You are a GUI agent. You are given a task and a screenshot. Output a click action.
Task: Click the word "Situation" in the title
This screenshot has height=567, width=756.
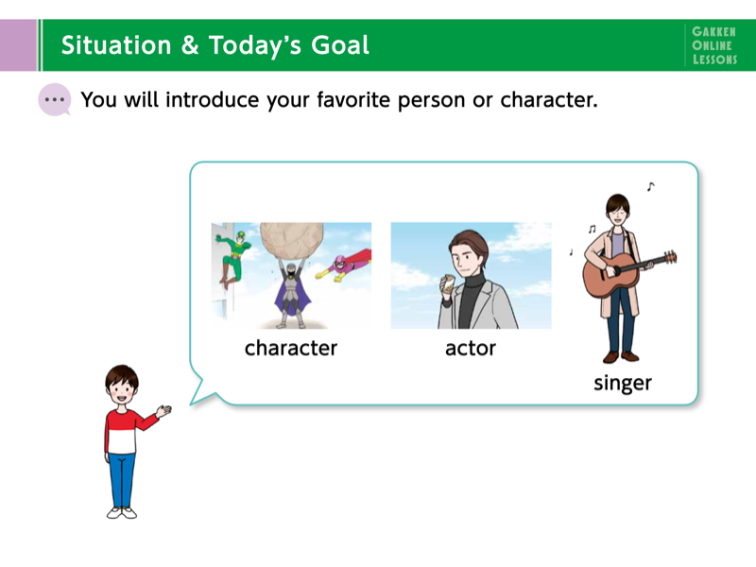click(x=116, y=45)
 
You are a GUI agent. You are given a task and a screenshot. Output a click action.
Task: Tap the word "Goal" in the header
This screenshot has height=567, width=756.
click(x=340, y=45)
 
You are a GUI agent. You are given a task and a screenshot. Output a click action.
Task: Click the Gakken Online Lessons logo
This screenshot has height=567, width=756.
click(x=714, y=45)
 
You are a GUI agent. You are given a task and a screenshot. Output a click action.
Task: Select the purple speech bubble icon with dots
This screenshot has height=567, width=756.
click(x=55, y=100)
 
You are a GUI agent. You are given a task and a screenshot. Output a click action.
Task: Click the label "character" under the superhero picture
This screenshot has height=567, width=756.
click(x=291, y=348)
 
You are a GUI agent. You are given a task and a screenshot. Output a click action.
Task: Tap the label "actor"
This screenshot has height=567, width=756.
click(x=471, y=348)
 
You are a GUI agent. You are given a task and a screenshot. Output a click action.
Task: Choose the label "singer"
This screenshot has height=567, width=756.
click(x=623, y=384)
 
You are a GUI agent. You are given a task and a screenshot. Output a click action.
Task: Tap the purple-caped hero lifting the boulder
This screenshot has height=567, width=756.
click(x=292, y=294)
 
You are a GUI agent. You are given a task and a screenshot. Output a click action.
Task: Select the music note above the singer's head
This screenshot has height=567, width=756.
click(x=651, y=186)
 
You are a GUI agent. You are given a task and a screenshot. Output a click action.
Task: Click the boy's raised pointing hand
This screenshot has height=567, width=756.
click(x=163, y=411)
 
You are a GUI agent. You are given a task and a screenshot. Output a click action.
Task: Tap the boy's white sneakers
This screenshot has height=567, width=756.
click(x=122, y=512)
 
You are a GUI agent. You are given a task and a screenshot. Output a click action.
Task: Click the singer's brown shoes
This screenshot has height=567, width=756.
click(x=621, y=357)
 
